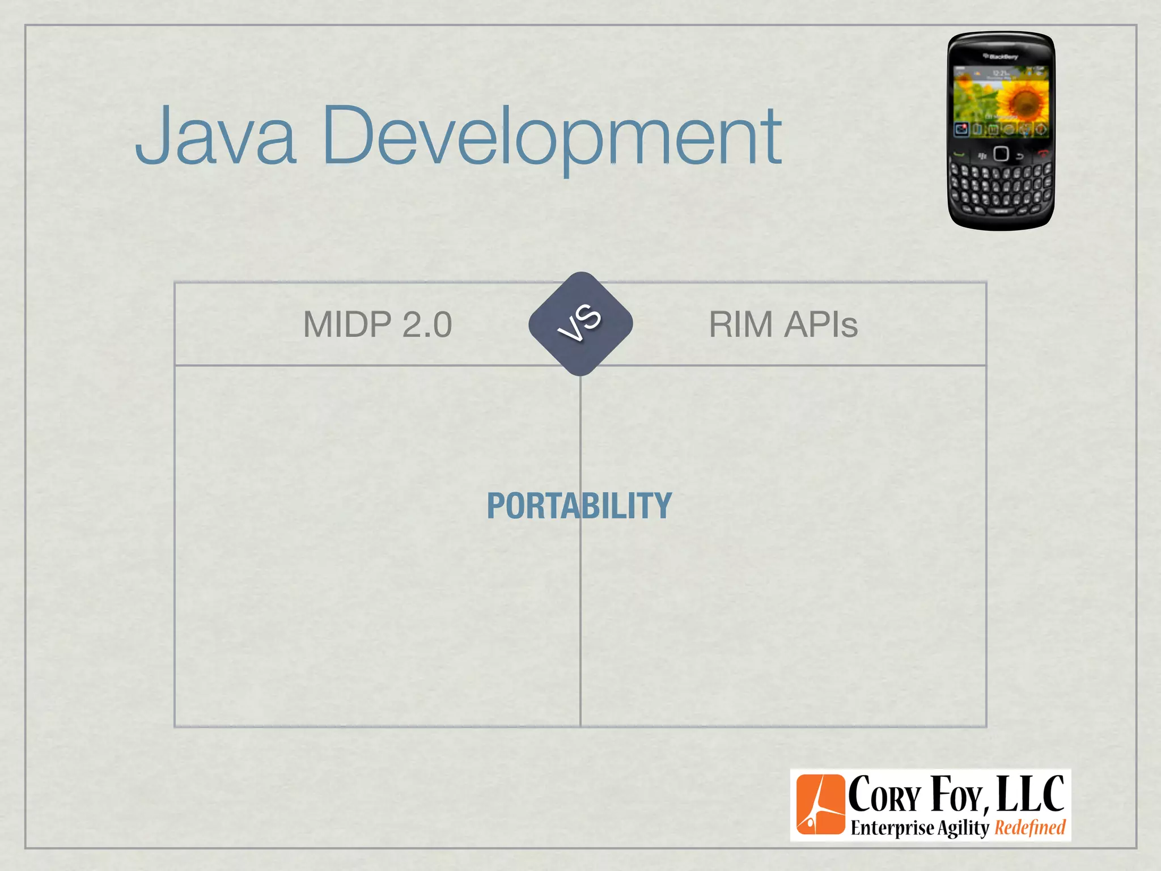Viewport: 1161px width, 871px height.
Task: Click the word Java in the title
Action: pos(215,136)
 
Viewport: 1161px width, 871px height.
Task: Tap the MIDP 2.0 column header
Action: pos(378,324)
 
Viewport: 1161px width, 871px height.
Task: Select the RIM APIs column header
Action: pos(783,324)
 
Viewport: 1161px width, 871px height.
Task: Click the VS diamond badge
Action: pos(580,324)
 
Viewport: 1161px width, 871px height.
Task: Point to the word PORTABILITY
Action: pos(579,506)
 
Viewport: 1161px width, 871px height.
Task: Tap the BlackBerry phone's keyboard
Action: pos(1001,187)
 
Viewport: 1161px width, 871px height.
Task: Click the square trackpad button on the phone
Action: pos(1001,154)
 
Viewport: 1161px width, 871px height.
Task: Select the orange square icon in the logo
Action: pos(820,805)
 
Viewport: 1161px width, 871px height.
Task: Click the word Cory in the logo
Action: pos(884,796)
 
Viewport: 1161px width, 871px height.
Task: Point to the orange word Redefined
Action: pos(1030,827)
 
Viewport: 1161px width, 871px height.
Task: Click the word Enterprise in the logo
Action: pos(892,828)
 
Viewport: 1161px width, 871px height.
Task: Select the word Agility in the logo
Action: pos(963,828)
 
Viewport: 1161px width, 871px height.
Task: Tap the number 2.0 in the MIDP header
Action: pos(427,324)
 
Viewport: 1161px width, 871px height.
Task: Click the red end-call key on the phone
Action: pos(1042,153)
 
